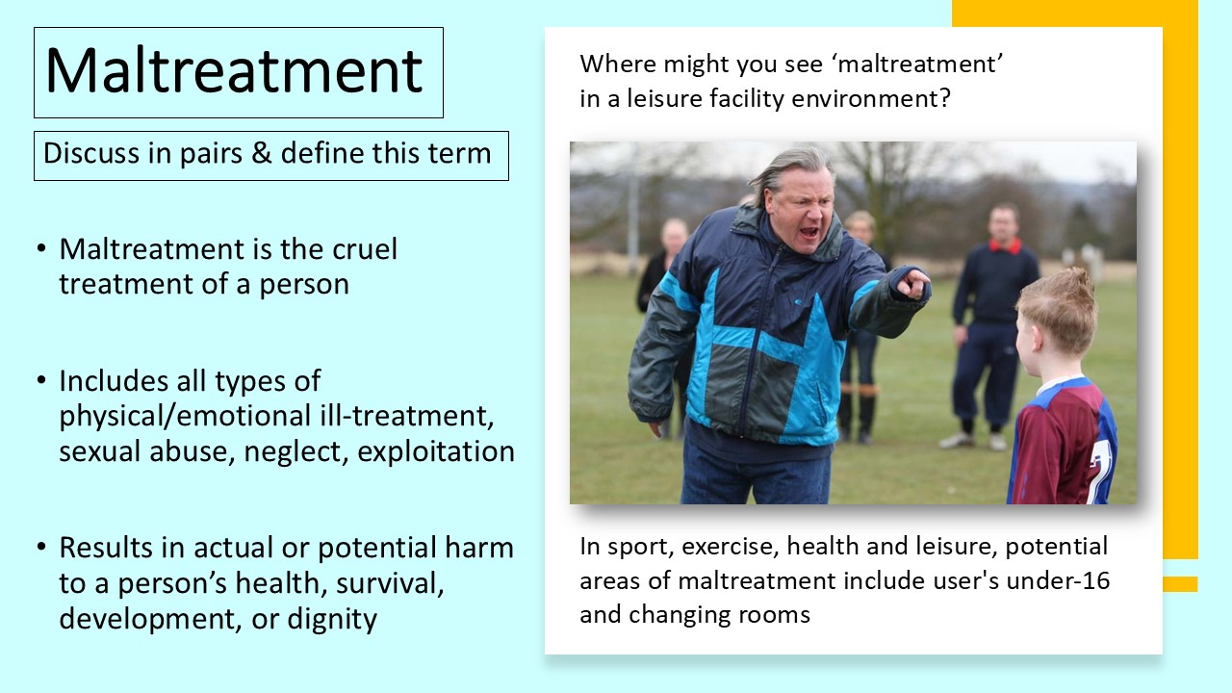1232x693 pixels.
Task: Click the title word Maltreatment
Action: (234, 71)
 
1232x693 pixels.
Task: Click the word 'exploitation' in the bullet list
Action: (436, 451)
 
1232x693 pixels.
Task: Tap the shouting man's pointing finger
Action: (917, 282)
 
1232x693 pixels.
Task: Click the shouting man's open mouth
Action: (810, 233)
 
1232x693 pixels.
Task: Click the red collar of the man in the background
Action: (1006, 245)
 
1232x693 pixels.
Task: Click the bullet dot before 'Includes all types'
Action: (41, 381)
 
